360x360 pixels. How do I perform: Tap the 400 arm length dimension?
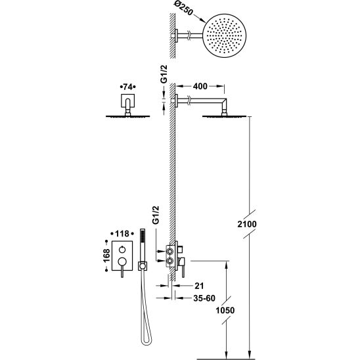point(200,86)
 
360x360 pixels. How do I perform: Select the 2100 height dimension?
point(247,224)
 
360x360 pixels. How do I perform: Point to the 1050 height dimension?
point(225,311)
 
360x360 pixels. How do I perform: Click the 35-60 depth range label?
point(204,298)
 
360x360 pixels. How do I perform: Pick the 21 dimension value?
point(199,286)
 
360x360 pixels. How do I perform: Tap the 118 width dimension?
point(122,234)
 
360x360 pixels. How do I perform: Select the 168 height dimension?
point(106,256)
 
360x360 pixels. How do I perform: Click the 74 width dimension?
point(127,87)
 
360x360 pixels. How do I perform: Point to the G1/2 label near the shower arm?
point(164,74)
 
